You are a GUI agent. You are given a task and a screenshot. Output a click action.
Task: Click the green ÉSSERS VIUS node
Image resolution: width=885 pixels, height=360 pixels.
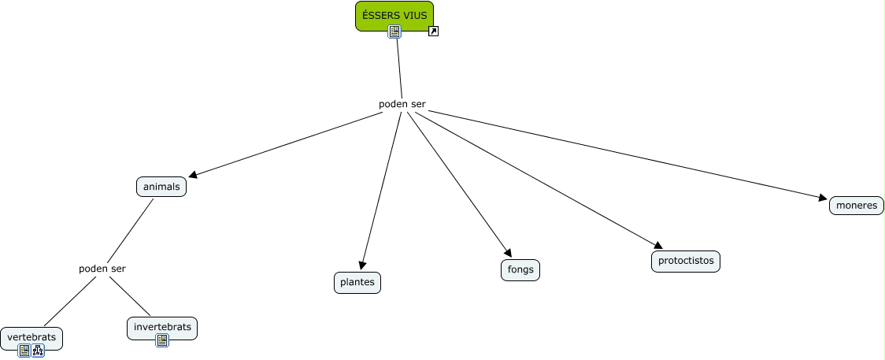point(394,16)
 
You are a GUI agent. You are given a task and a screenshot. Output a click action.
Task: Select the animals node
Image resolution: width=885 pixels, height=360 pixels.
point(161,187)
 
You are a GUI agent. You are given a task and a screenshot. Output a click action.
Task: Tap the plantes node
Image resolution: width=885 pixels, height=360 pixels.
point(357,283)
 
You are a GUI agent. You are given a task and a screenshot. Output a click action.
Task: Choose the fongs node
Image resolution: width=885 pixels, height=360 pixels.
point(520,269)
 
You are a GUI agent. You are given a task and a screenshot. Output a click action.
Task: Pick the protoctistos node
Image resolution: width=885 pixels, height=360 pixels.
point(686,262)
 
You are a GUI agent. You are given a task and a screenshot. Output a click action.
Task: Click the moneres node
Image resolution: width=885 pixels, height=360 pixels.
point(856,206)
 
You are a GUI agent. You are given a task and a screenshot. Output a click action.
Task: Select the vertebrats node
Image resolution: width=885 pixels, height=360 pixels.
point(31,338)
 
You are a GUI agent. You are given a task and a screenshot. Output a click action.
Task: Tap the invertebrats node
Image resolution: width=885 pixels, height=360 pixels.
point(162,328)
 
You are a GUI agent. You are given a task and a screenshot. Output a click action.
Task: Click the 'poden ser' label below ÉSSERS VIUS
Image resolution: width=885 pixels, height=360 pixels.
point(402,105)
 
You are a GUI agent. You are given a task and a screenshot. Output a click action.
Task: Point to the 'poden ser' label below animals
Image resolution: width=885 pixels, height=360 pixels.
point(102,269)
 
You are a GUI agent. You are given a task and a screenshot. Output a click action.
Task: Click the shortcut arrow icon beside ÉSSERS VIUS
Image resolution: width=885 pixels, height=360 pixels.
point(434,31)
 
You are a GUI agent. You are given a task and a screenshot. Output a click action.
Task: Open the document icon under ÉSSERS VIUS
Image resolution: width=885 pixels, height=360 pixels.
point(394,32)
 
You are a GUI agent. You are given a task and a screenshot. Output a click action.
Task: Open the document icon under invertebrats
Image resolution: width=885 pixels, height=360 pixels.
point(162,340)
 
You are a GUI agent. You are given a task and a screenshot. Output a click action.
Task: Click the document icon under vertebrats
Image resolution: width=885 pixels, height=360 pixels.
point(24,351)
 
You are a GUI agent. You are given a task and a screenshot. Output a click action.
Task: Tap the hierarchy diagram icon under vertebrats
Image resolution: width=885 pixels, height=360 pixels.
point(38,351)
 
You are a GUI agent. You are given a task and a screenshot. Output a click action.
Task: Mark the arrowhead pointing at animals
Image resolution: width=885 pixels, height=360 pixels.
point(192,175)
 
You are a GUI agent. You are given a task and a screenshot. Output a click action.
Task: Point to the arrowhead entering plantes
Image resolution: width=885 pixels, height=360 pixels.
point(362,265)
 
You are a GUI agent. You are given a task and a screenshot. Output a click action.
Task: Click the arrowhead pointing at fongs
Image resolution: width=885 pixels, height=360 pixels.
point(508,253)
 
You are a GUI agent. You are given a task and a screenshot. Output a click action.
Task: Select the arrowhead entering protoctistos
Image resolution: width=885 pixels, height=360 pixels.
point(658,245)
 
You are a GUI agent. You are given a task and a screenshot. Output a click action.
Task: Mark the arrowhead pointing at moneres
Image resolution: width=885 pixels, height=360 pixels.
point(823,198)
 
